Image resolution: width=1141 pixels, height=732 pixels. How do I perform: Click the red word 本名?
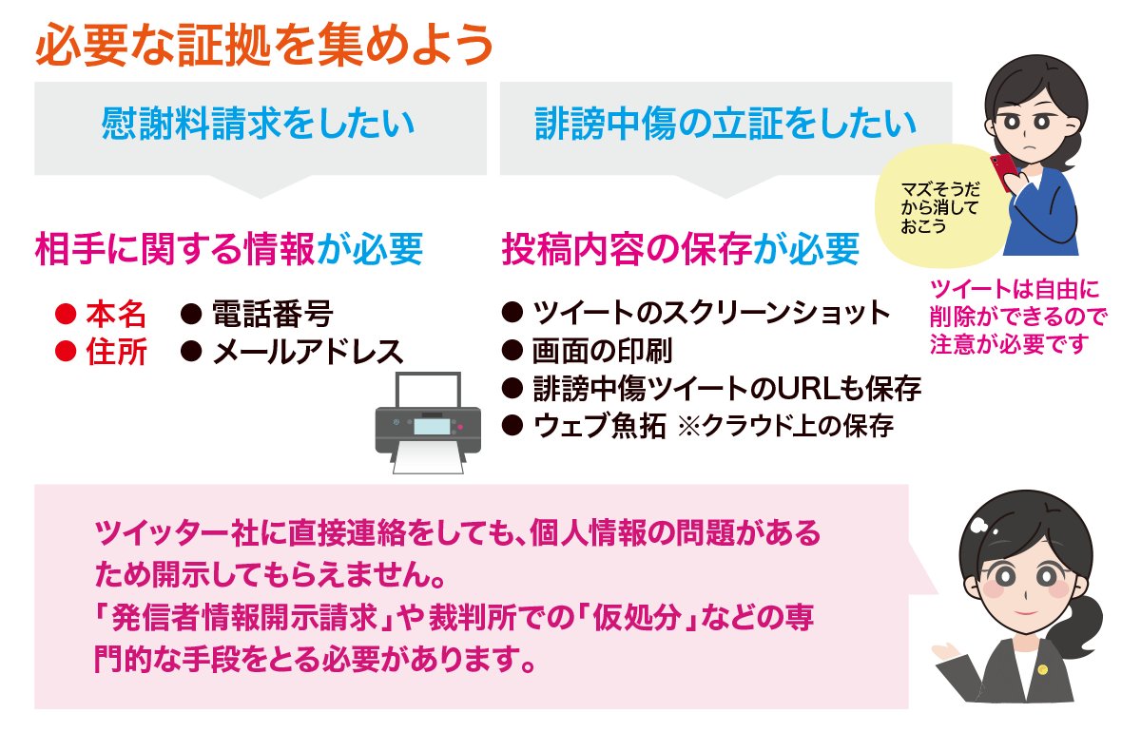coord(116,314)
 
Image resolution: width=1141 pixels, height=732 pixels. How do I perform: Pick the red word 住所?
coord(116,353)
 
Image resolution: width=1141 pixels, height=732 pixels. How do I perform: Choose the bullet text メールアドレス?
coord(307,353)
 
